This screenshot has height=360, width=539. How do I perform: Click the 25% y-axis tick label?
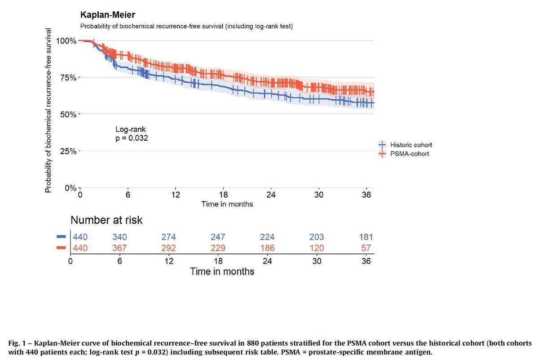pos(69,151)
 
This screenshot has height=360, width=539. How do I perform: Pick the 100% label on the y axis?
pos(67,40)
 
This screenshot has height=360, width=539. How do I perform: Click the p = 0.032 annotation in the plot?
pos(132,138)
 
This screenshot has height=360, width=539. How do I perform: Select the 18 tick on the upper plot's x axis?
pos(223,196)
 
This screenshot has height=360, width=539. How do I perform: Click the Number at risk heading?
pos(106,220)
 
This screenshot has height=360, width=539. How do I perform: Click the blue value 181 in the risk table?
pos(365,237)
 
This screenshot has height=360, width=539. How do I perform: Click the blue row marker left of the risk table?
pos(62,236)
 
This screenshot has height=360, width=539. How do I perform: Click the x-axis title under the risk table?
pos(222,271)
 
